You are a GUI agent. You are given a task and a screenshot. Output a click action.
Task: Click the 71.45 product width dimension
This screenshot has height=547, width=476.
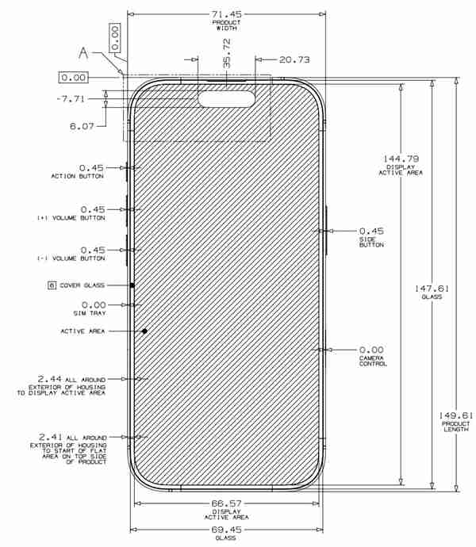click(226, 14)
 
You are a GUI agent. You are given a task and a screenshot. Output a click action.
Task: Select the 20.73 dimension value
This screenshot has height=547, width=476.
click(294, 59)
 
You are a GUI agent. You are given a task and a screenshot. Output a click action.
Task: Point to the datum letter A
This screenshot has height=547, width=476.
click(83, 54)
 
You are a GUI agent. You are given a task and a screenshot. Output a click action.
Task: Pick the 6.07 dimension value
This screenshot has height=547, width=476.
click(82, 125)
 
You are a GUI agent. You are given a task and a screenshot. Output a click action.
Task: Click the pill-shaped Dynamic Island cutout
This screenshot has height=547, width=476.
click(226, 98)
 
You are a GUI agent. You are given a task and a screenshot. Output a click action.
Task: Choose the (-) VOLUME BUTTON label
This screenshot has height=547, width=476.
click(71, 258)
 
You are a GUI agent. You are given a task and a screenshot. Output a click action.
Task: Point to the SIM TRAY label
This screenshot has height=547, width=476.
click(92, 313)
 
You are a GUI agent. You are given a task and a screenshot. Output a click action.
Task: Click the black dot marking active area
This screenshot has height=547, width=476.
click(144, 331)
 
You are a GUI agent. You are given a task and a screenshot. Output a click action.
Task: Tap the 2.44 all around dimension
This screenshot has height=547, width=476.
click(49, 379)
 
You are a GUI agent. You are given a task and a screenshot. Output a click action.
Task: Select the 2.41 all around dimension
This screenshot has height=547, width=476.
click(49, 436)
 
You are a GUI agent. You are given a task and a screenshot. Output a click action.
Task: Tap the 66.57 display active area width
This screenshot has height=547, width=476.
click(226, 504)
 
